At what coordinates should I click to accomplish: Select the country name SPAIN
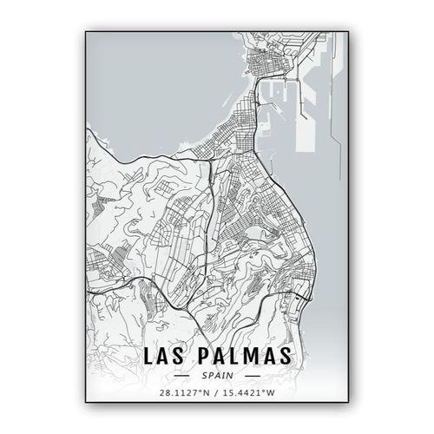tap(216, 375)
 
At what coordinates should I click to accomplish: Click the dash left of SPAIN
tap(182, 375)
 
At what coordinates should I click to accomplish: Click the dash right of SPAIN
tap(252, 375)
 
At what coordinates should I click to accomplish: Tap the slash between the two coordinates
tap(216, 393)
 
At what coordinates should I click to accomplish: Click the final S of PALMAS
tap(285, 356)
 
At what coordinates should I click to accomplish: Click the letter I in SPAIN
tap(223, 375)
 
